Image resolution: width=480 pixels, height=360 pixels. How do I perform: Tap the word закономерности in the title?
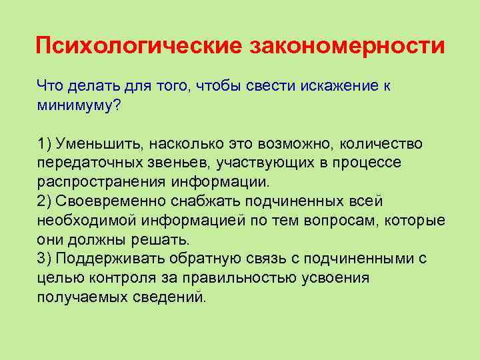347,46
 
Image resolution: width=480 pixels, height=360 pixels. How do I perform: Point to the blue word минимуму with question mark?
79,105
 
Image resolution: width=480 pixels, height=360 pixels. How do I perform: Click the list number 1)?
45,144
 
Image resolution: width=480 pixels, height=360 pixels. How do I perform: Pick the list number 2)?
45,201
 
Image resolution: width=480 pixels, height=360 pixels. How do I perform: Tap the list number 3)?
45,259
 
